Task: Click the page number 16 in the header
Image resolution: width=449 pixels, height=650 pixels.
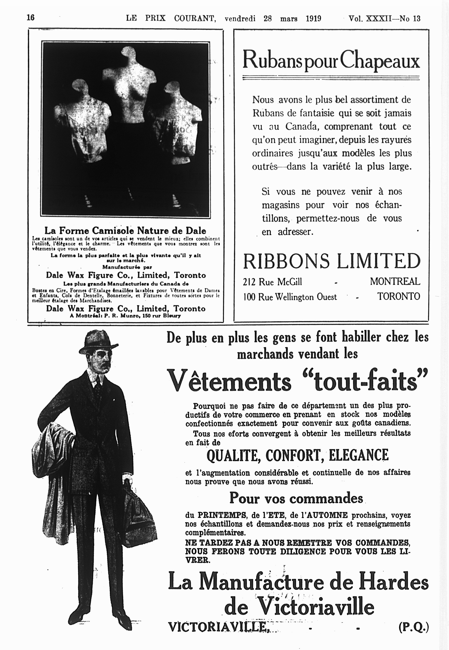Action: click(x=31, y=17)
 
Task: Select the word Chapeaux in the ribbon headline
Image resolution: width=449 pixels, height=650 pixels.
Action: click(x=380, y=60)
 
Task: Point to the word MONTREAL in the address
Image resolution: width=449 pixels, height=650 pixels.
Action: click(x=395, y=281)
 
